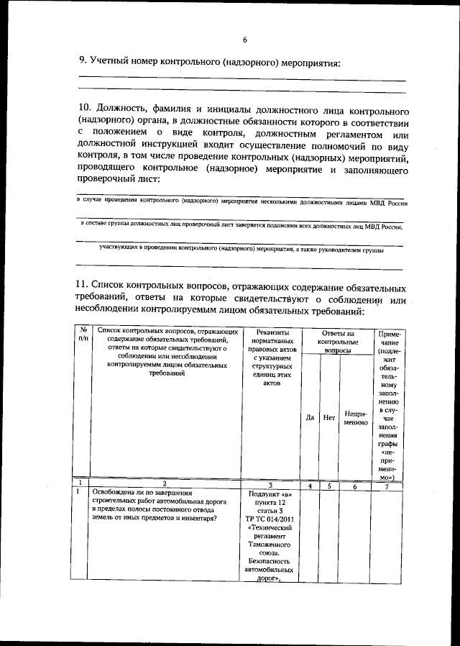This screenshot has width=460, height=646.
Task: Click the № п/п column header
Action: pos(83,335)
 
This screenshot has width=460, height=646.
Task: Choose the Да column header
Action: pos(310,417)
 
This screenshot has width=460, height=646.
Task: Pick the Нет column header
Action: pos(329,417)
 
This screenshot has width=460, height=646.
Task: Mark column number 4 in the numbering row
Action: pos(310,486)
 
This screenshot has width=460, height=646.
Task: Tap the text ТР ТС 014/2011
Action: pos(270,517)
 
